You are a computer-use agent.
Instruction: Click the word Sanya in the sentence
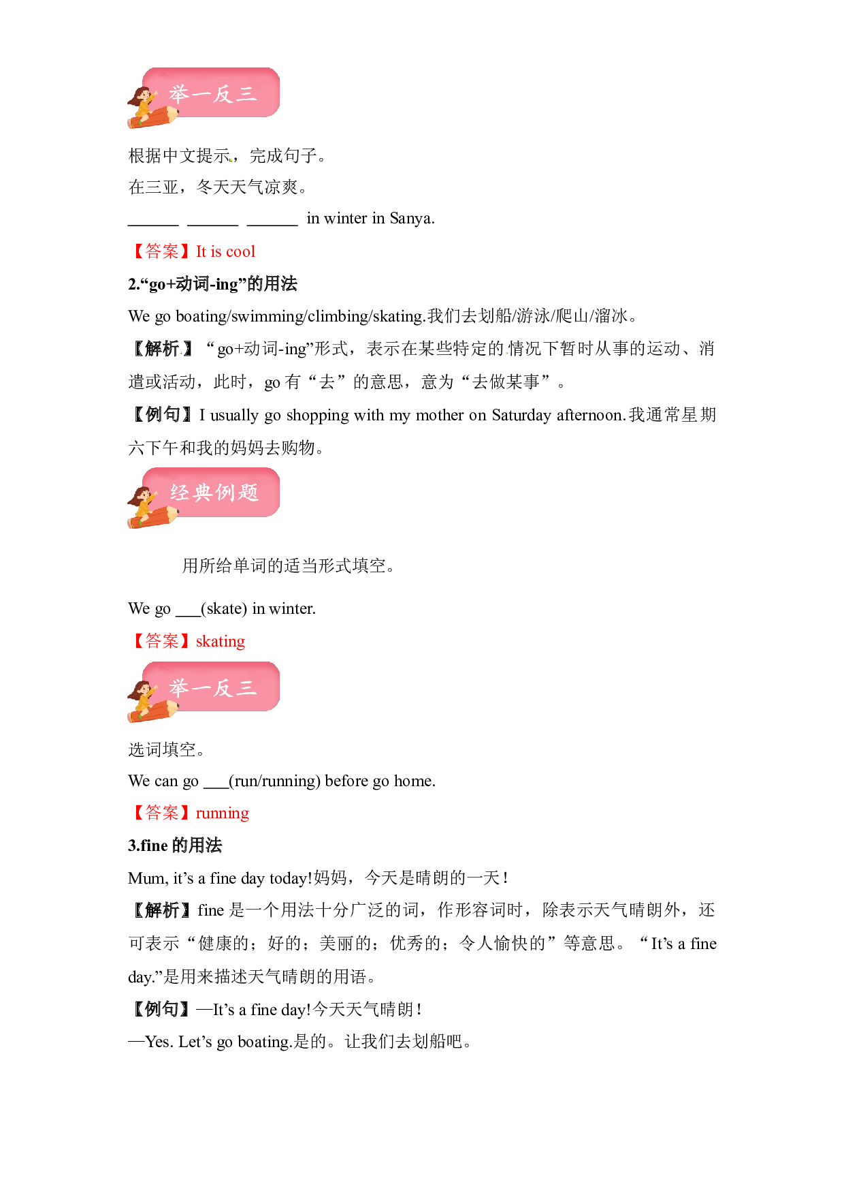[x=412, y=219]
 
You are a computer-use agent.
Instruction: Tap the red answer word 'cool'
[x=240, y=251]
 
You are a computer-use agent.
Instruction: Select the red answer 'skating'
[x=221, y=642]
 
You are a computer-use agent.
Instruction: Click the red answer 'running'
[x=223, y=813]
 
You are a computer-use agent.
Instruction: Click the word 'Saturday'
[x=521, y=416]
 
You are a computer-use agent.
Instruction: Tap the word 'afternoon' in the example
[x=591, y=415]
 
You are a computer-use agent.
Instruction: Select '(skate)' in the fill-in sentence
[x=224, y=608]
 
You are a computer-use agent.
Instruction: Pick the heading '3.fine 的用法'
[x=175, y=845]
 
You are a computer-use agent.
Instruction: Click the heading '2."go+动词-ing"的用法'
[x=212, y=284]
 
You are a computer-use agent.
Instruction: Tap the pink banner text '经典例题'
[x=214, y=493]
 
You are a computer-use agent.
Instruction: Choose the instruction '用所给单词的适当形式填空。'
[x=289, y=566]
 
